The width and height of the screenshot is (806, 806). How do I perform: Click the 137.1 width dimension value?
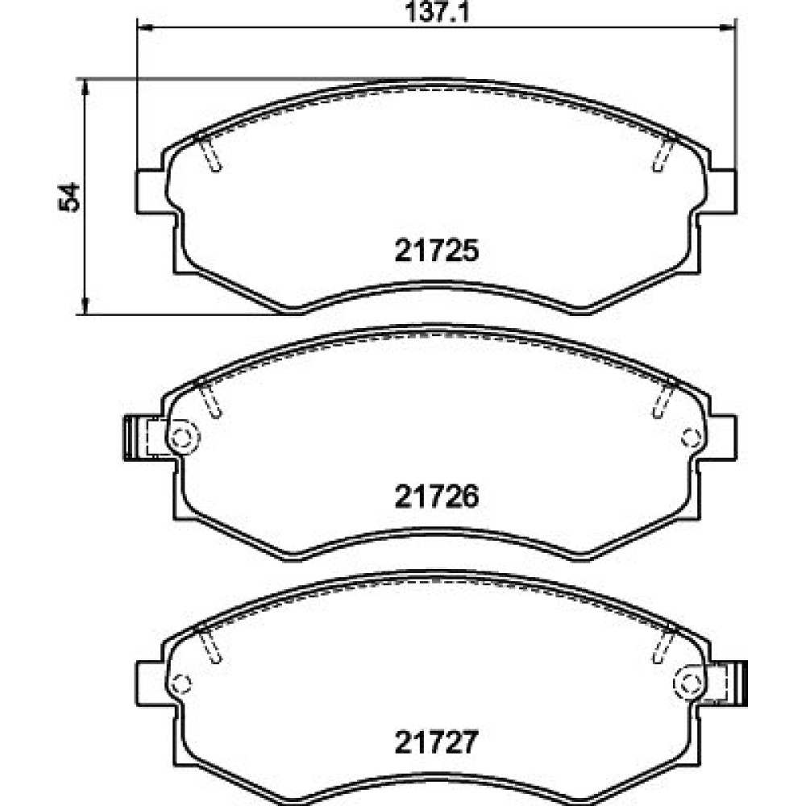click(438, 12)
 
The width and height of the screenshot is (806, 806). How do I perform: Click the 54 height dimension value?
click(70, 197)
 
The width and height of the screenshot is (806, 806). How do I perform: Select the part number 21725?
click(436, 251)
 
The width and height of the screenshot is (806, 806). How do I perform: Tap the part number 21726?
click(436, 496)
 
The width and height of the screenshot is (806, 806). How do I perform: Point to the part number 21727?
click(436, 742)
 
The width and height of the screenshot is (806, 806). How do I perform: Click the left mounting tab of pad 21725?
click(150, 191)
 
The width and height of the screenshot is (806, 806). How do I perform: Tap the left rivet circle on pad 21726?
click(181, 438)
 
